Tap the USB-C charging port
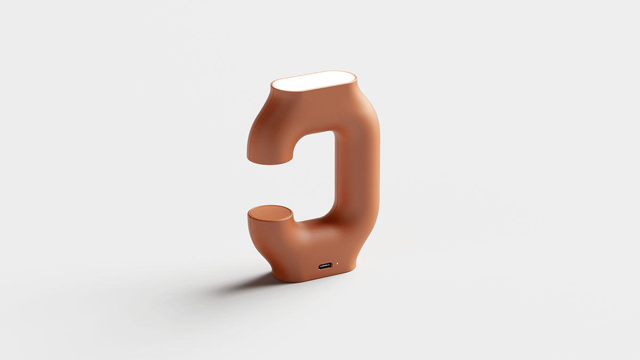[x=325, y=265]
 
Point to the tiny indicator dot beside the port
[x=337, y=264]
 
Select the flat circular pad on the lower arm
[x=270, y=214]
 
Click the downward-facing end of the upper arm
[x=270, y=157]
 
